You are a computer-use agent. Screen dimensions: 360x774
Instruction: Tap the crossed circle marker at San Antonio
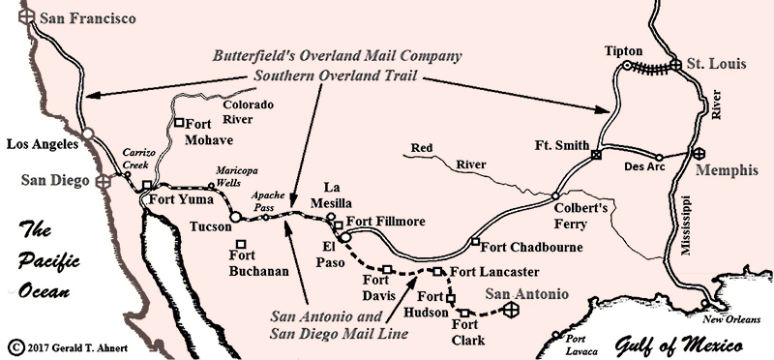(x=514, y=310)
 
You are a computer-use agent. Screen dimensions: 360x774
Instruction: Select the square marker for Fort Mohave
(x=180, y=123)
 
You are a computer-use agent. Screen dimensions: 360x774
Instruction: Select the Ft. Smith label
(x=560, y=145)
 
